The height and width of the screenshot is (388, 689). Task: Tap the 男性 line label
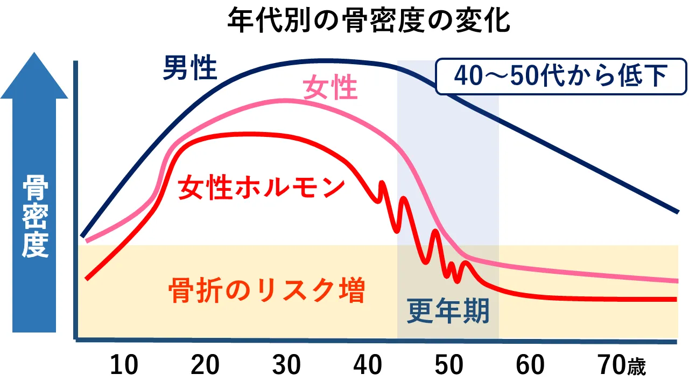tap(190, 68)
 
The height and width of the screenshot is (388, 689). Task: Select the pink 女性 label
tap(331, 87)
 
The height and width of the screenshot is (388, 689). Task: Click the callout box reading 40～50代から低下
tap(560, 76)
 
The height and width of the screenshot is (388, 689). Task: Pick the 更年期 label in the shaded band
tap(448, 311)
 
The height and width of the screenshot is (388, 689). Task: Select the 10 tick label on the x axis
tap(124, 365)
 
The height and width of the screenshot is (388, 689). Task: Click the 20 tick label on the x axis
tap(206, 365)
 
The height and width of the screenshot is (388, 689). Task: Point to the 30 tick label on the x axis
tap(286, 365)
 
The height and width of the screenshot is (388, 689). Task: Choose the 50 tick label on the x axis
tap(449, 365)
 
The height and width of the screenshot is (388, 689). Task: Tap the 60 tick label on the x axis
tap(531, 365)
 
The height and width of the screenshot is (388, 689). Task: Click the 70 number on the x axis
tap(610, 365)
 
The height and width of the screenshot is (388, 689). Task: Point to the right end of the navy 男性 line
tap(677, 211)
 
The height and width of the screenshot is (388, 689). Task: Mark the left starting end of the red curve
tap(87, 278)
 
